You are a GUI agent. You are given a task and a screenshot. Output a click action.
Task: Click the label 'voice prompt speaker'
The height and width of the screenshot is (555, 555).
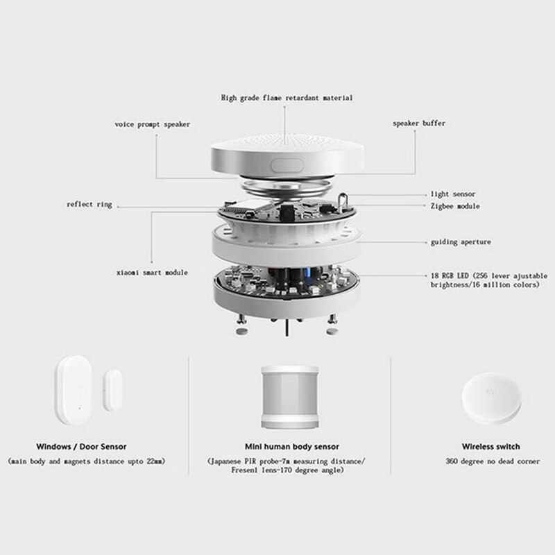[152, 124]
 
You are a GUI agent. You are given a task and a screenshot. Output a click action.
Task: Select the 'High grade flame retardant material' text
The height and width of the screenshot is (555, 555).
[287, 98]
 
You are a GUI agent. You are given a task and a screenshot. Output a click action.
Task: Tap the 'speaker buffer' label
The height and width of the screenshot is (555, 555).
[419, 123]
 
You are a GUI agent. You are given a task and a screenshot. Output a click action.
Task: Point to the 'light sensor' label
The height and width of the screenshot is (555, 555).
[452, 194]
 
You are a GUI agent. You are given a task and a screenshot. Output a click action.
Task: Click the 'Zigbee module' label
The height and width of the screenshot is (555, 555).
[454, 206]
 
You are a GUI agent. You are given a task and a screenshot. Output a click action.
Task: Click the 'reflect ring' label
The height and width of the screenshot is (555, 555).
[89, 205]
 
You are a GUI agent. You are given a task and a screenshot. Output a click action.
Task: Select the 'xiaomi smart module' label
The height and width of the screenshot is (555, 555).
[152, 273]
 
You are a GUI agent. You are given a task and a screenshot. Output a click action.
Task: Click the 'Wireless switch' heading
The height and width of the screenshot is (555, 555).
[490, 446]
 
